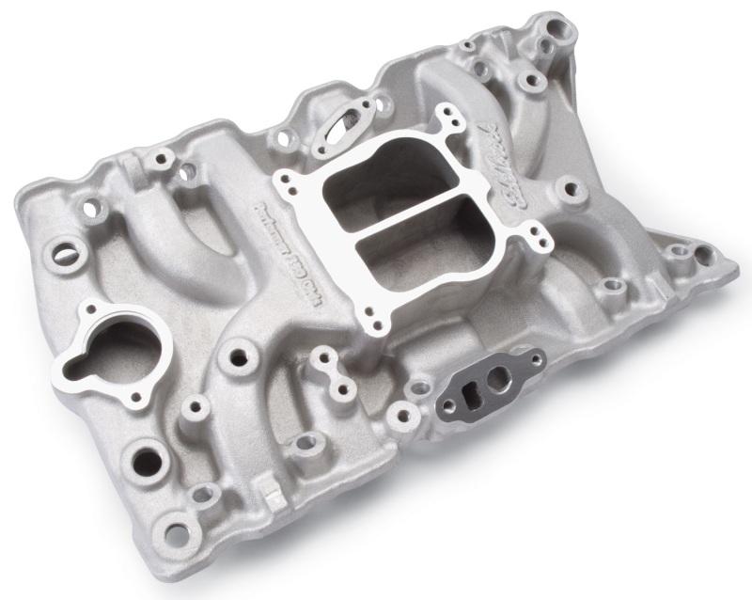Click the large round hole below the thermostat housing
(149, 460)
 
